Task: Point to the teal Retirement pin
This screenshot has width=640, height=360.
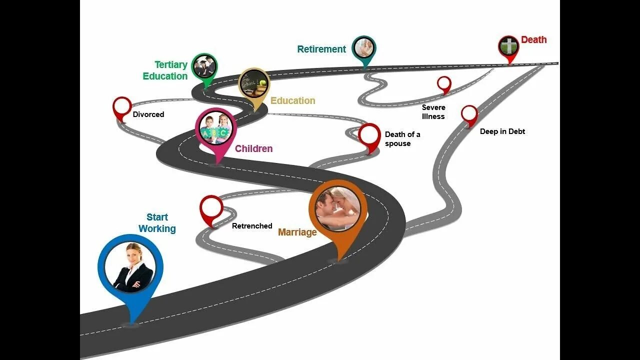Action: click(x=363, y=48)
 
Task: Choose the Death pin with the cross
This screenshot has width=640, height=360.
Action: click(x=508, y=47)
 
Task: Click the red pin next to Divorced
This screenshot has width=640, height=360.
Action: click(x=122, y=107)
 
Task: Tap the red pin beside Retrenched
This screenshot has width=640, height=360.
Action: click(x=211, y=208)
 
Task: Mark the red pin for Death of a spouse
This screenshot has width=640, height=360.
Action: click(x=369, y=135)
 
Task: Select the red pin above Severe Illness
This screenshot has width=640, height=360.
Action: click(x=444, y=83)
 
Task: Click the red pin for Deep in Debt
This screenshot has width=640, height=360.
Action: click(x=469, y=114)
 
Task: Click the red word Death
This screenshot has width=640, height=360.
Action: click(x=533, y=40)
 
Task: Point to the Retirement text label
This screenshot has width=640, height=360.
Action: click(x=321, y=49)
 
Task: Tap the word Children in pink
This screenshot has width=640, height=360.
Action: click(x=254, y=148)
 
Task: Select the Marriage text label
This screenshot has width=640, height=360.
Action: click(x=297, y=232)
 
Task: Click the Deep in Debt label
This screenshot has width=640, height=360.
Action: click(x=502, y=131)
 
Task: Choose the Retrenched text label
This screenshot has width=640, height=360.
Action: click(x=252, y=226)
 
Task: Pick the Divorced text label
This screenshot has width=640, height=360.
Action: click(x=148, y=114)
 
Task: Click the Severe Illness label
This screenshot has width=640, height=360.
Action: click(x=433, y=112)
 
